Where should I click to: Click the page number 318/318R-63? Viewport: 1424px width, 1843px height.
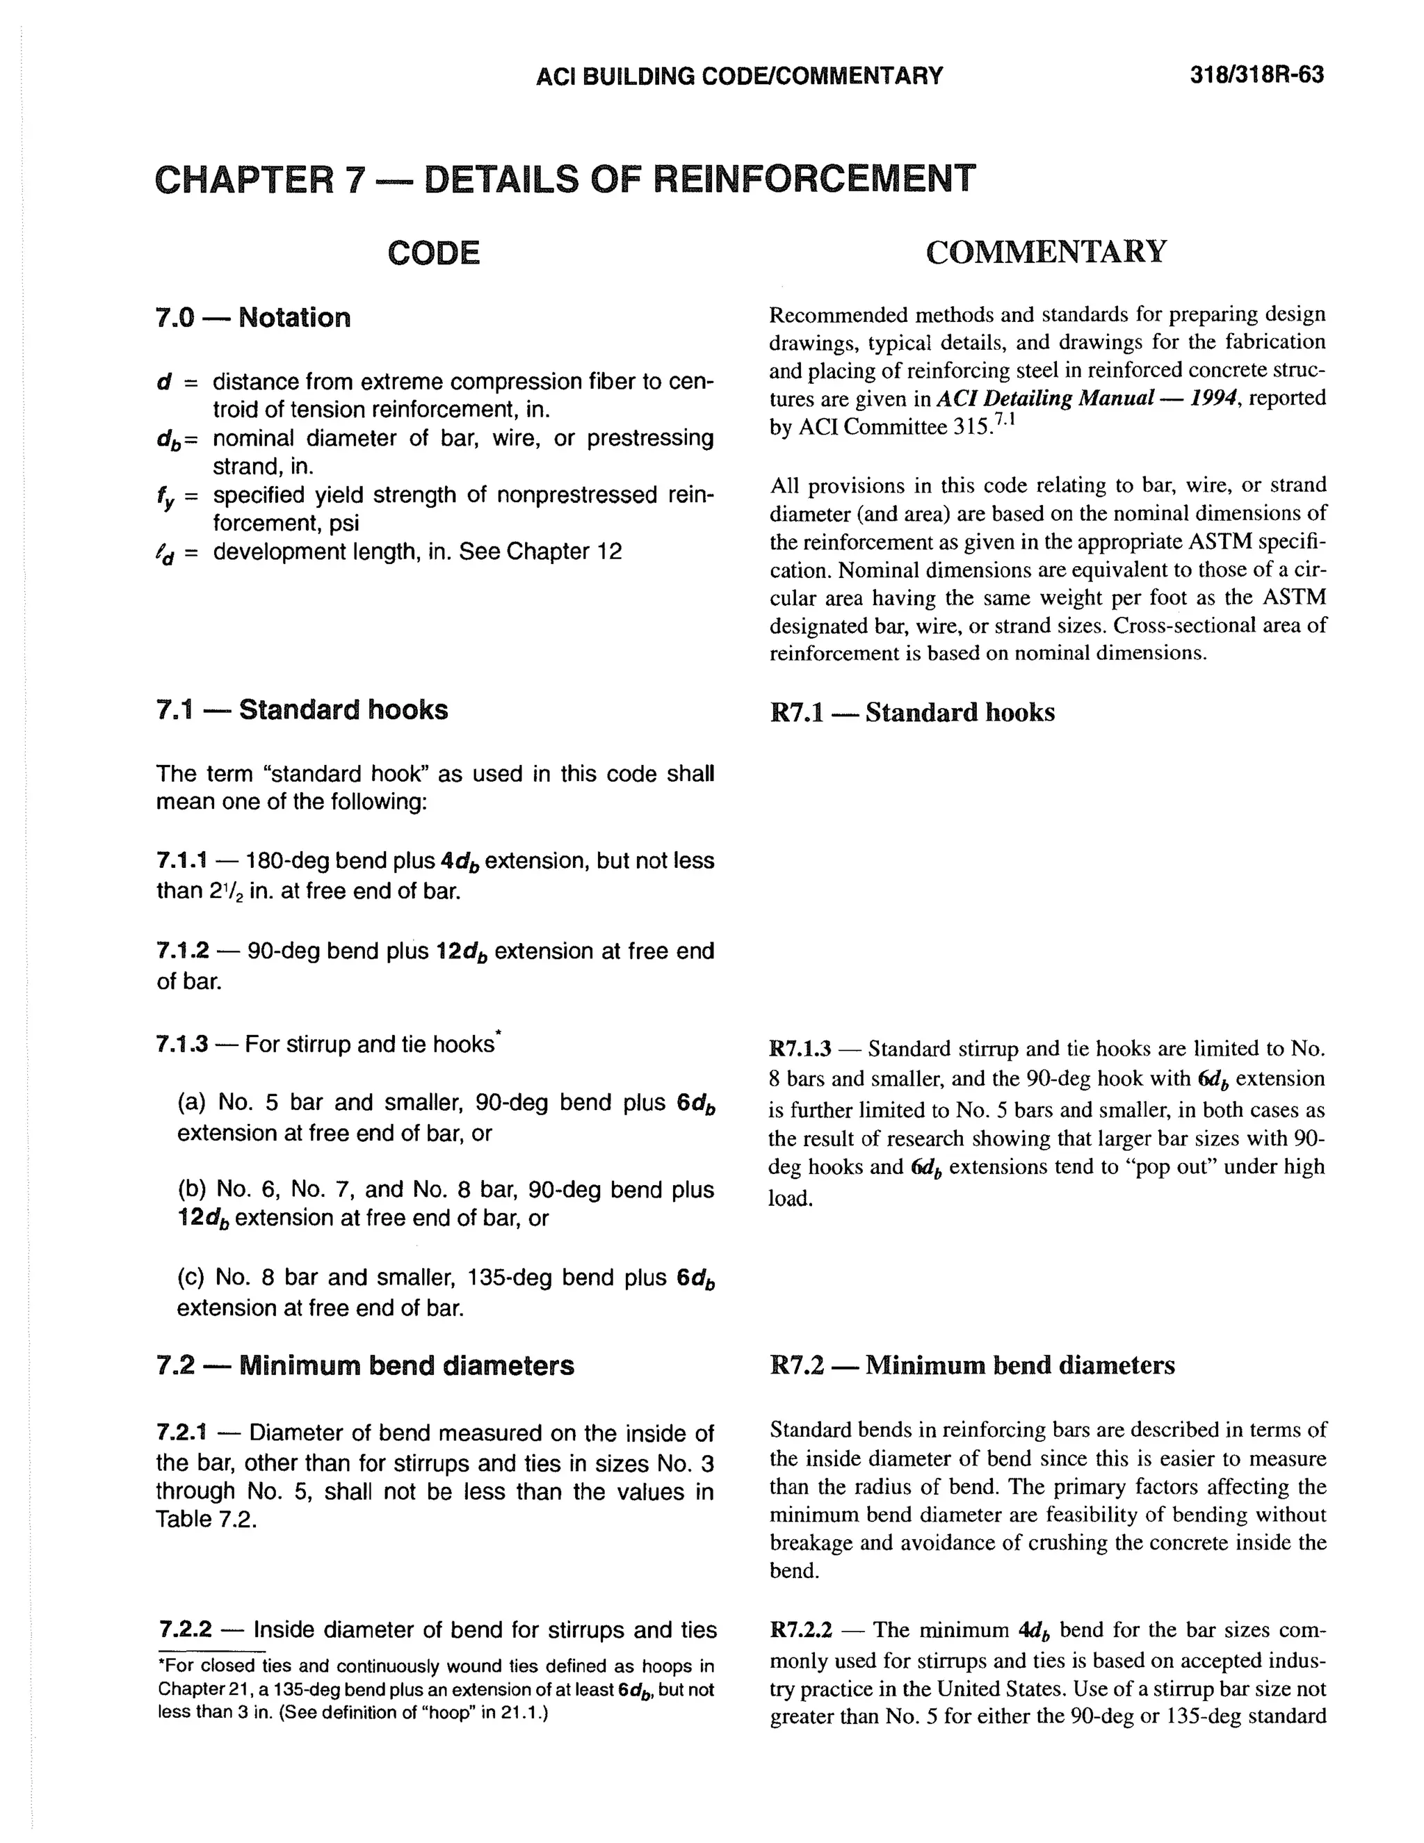1256,76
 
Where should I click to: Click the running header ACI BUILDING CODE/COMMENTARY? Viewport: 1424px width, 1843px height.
739,77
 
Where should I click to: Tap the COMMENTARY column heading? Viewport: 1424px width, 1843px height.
1046,252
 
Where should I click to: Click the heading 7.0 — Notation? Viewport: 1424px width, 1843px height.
253,318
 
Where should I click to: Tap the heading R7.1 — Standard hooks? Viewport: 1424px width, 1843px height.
912,712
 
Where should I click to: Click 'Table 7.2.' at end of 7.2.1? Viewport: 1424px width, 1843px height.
206,1520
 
